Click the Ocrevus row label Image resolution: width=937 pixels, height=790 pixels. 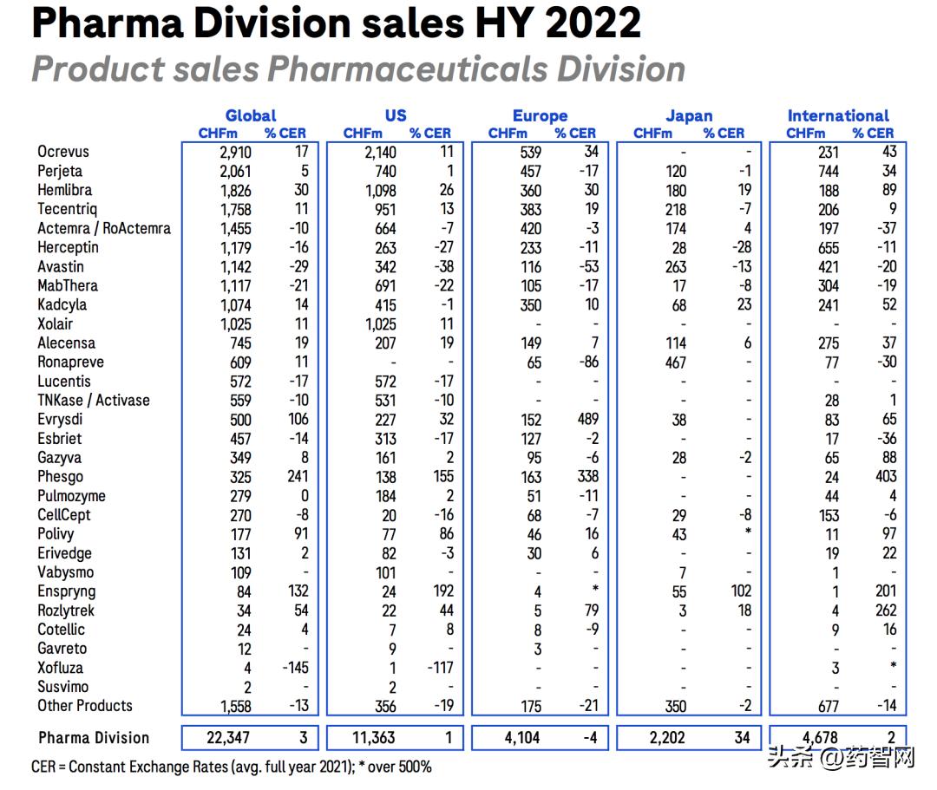63,152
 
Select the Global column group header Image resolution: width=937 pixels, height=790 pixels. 251,115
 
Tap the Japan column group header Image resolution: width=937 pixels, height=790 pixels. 689,115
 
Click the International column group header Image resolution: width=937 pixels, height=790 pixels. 838,115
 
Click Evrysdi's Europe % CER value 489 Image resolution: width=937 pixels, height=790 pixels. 582,420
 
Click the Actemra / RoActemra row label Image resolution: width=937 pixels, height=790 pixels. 104,229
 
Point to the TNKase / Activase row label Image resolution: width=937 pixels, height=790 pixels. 94,401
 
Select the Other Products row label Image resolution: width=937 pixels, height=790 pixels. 85,706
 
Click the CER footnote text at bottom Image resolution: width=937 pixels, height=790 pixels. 231,767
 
